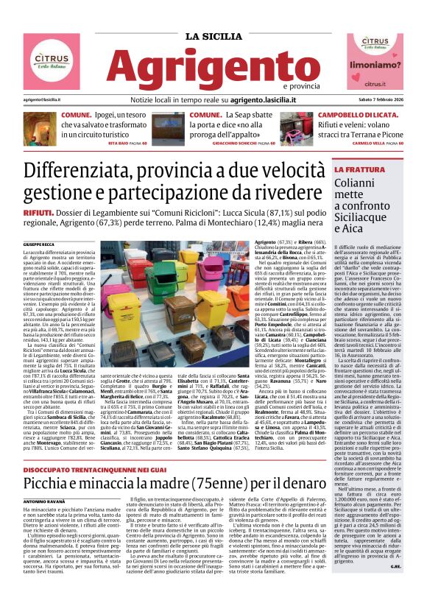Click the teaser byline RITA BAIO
[x=120, y=143]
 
